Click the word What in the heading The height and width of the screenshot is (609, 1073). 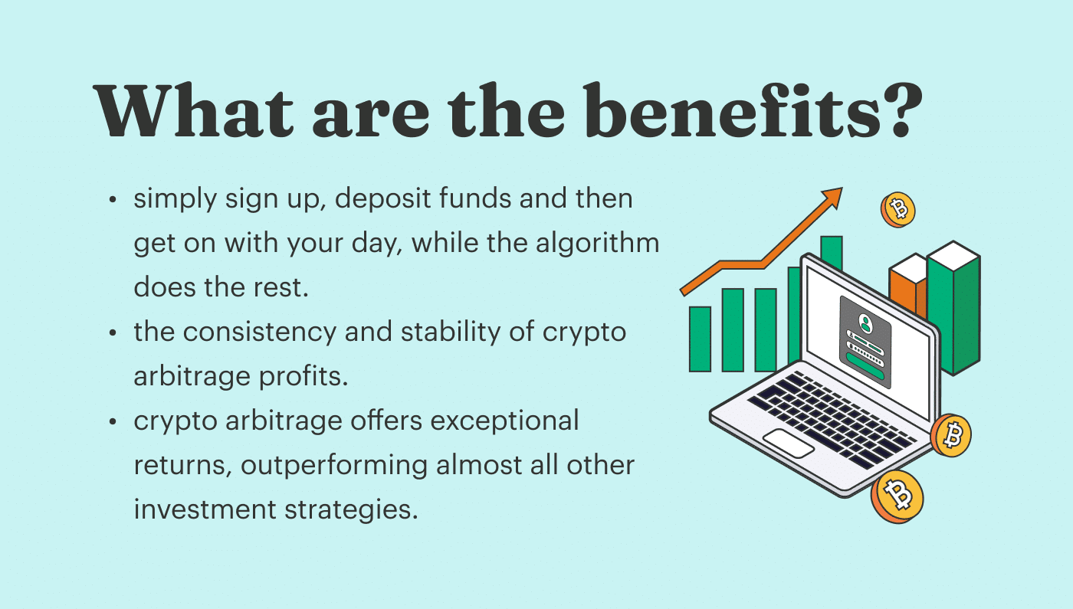click(193, 110)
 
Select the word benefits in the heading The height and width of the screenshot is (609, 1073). click(732, 110)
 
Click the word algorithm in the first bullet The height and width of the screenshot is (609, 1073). click(597, 244)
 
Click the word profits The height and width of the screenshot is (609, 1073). click(304, 377)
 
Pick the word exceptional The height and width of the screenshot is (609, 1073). click(504, 421)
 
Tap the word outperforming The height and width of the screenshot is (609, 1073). click(333, 466)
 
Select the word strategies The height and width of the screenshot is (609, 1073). click(351, 509)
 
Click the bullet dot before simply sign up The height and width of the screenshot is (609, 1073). click(113, 200)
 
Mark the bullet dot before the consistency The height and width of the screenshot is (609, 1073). click(113, 332)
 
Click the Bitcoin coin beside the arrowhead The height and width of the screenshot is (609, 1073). click(898, 210)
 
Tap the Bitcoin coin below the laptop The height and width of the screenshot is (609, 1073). click(897, 496)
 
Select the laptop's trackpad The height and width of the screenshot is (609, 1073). click(788, 444)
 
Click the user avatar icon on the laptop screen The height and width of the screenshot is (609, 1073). click(865, 323)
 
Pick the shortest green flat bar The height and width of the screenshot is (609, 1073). click(700, 339)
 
